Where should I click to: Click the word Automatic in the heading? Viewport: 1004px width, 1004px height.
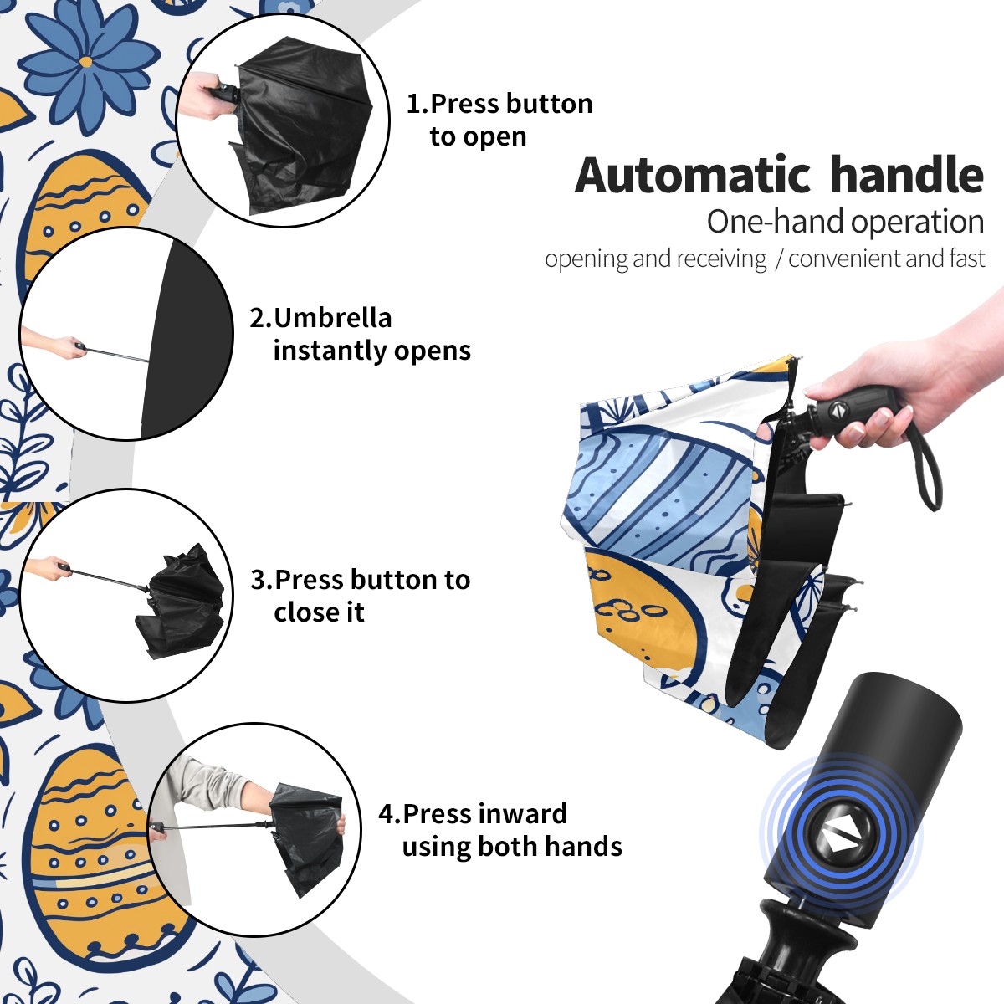pyautogui.click(x=693, y=176)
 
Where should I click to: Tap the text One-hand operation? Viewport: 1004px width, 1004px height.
pyautogui.click(x=845, y=222)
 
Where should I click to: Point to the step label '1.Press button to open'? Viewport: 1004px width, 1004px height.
pyautogui.click(x=499, y=120)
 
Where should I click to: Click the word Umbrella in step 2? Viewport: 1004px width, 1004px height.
pyautogui.click(x=332, y=318)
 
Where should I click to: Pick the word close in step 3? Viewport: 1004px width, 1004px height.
pyautogui.click(x=305, y=612)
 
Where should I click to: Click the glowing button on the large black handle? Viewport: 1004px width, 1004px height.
pyautogui.click(x=840, y=838)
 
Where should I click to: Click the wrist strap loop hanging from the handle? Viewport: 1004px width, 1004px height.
pyautogui.click(x=929, y=472)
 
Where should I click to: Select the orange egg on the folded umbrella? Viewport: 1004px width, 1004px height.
pyautogui.click(x=642, y=614)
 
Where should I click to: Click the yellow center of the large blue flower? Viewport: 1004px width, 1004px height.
pyautogui.click(x=86, y=62)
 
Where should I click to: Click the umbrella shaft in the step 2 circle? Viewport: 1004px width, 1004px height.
pyautogui.click(x=117, y=355)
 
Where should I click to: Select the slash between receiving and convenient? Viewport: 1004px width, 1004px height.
pyautogui.click(x=778, y=259)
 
